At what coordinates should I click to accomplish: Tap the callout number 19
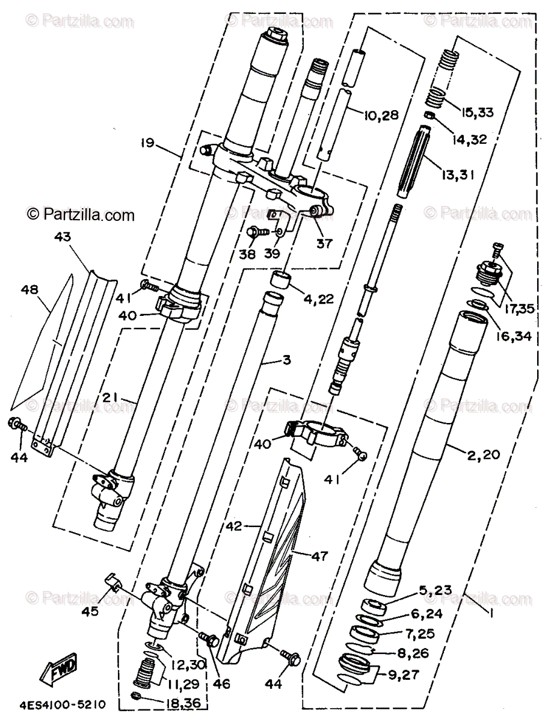148,143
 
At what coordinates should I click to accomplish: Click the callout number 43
63,237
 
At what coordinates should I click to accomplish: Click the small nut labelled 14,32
430,116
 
